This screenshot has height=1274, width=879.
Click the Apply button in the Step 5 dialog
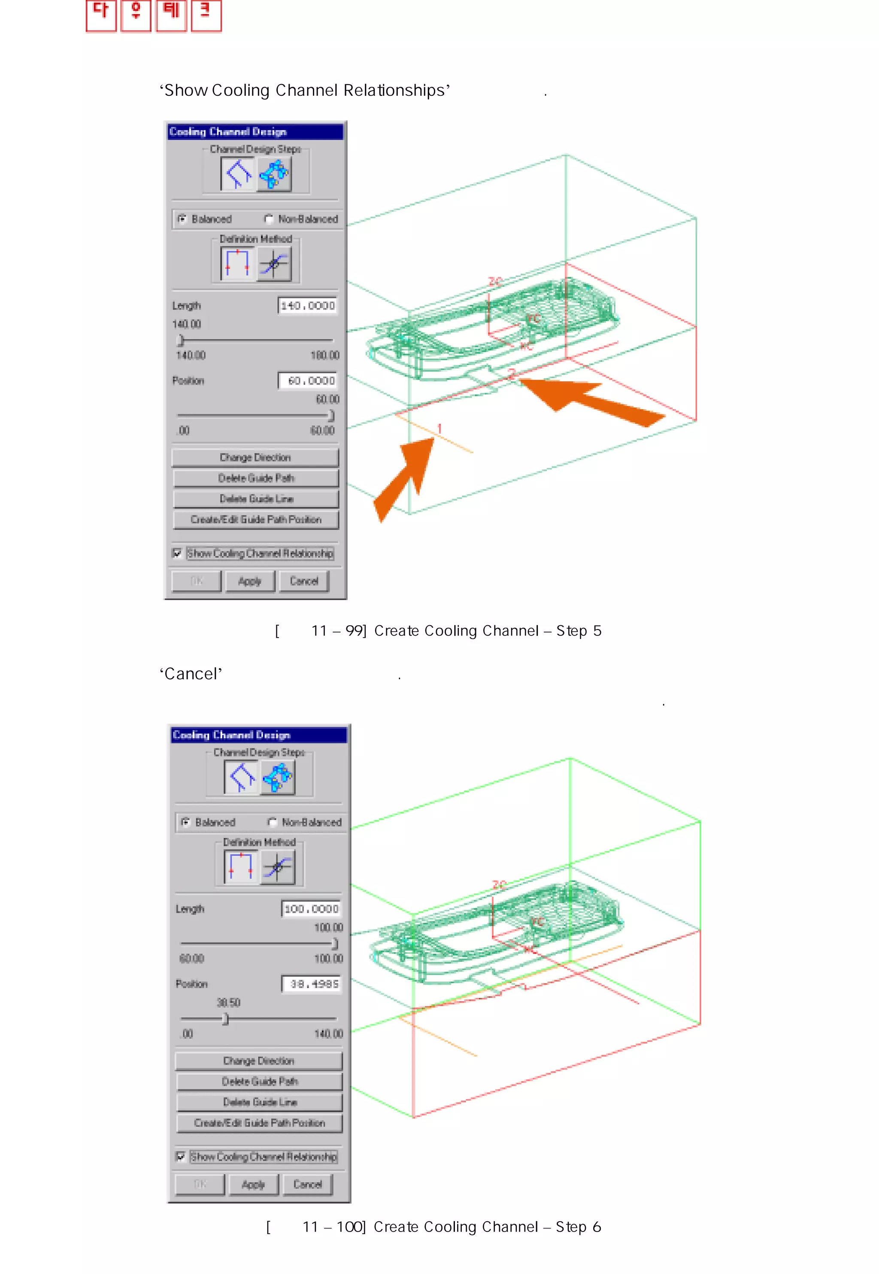(x=249, y=581)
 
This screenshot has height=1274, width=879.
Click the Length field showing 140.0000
(x=307, y=305)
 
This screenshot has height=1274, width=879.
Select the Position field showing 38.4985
(x=312, y=984)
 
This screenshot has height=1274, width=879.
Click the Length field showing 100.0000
(x=311, y=909)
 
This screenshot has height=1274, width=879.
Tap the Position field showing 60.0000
(x=307, y=380)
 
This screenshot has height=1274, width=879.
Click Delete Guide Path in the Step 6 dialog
(x=259, y=1081)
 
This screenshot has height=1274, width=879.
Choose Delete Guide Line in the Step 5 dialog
(x=256, y=499)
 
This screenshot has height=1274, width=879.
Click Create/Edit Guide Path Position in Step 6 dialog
(x=259, y=1122)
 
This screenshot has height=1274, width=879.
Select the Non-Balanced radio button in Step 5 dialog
(x=269, y=219)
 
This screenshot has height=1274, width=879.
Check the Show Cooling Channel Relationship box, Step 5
(x=177, y=553)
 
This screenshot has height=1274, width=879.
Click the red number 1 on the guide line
(x=439, y=428)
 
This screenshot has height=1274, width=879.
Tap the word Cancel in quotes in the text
(x=191, y=674)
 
